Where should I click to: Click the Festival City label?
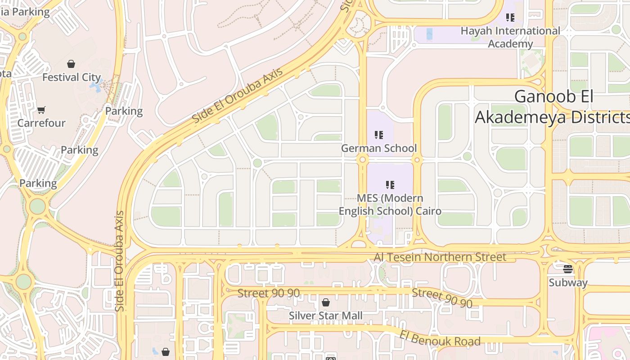tap(72, 77)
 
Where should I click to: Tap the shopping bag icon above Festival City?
tap(71, 64)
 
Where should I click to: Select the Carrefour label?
tap(41, 123)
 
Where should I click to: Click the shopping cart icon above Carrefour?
tap(41, 110)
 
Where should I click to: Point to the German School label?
tap(379, 148)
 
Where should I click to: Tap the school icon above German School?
tap(378, 135)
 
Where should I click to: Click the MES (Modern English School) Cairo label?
tap(390, 204)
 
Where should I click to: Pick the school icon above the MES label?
tap(390, 185)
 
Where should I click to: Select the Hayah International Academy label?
tap(510, 37)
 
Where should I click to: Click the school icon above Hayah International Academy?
tap(510, 18)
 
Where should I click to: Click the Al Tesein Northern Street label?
tap(440, 257)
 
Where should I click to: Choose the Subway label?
tap(568, 283)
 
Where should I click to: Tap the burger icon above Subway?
tap(568, 269)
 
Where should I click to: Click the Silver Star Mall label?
tap(325, 315)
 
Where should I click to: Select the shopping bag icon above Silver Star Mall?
tap(326, 302)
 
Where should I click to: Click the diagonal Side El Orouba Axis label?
tap(238, 96)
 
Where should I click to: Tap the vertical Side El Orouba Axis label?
tap(119, 261)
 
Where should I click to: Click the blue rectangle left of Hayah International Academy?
tap(429, 34)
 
